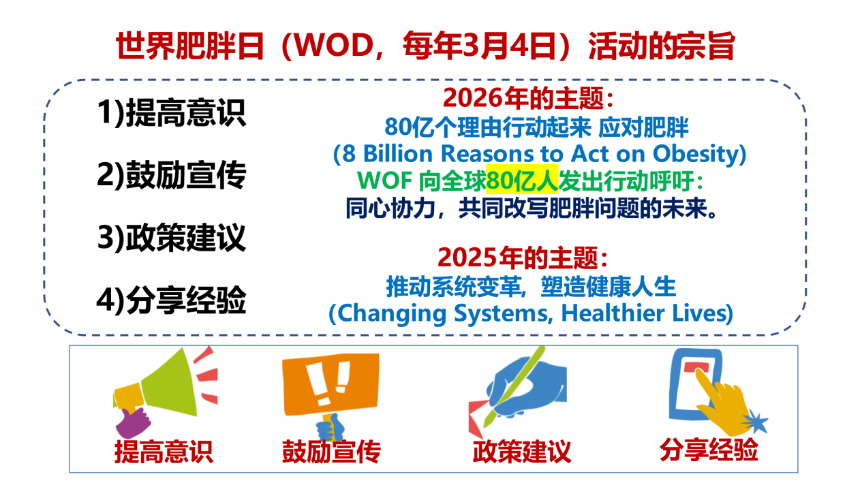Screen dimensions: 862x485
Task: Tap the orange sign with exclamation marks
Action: [331, 385]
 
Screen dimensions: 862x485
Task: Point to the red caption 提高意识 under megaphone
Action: [164, 452]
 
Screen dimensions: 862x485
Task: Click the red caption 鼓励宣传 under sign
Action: [331, 452]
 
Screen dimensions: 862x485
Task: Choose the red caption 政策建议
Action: [522, 452]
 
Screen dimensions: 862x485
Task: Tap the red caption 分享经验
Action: [709, 449]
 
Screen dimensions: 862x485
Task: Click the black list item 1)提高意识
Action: [172, 112]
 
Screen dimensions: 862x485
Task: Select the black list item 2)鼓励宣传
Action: [172, 175]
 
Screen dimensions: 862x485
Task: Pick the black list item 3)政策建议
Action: [172, 237]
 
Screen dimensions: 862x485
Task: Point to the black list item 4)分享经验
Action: [172, 300]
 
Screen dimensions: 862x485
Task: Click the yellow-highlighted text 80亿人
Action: [522, 180]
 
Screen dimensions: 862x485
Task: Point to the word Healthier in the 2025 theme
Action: [613, 313]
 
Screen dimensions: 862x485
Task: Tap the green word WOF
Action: [385, 180]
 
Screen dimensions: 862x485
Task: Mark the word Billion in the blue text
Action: [398, 153]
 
